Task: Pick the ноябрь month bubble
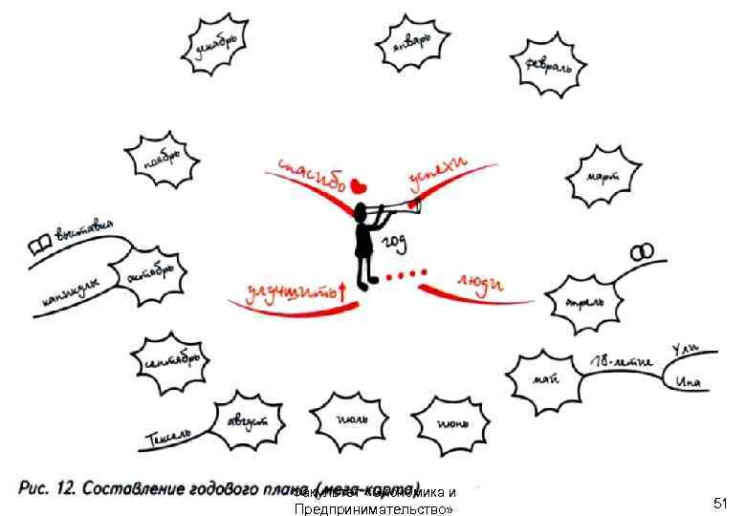(x=161, y=161)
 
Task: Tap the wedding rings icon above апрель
(x=642, y=251)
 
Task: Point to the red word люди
(x=480, y=282)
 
